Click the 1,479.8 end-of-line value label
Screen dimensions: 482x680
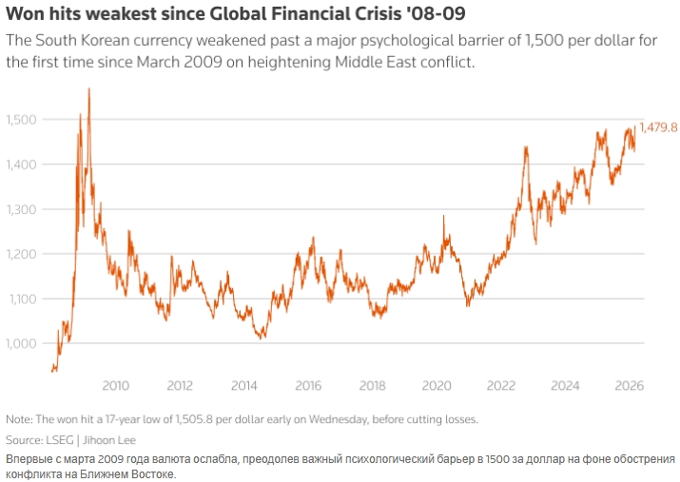coord(658,127)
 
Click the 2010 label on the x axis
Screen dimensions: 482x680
coord(115,386)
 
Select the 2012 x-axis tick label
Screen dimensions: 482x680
coord(180,386)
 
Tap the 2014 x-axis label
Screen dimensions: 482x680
coord(244,386)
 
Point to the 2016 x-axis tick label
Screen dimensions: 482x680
coord(308,386)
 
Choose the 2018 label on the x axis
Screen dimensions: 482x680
coord(373,386)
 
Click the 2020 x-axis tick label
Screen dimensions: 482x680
coord(437,386)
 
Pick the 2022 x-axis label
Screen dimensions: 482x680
coord(501,386)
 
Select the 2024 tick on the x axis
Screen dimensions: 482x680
coord(565,386)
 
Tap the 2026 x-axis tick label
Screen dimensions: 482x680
coord(630,386)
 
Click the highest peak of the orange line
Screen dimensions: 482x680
coord(88,89)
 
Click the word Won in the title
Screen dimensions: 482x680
coord(25,16)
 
